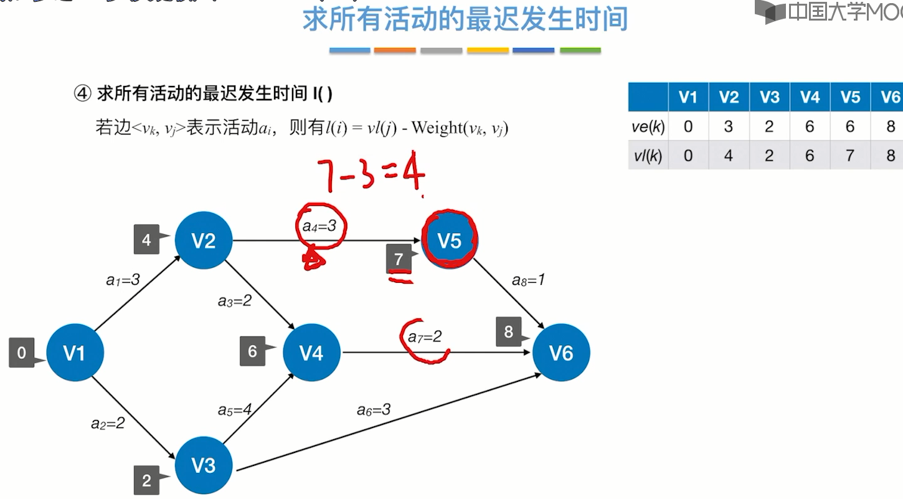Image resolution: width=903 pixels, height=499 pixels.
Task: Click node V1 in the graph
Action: pos(75,353)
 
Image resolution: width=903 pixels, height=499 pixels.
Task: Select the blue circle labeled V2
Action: pos(204,240)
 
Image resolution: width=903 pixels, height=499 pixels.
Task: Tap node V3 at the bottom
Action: pos(204,465)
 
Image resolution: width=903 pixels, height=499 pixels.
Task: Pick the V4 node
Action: pos(311,353)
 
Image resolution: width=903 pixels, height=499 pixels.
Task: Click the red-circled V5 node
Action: pos(449,240)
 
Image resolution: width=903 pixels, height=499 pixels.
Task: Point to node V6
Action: pos(560,353)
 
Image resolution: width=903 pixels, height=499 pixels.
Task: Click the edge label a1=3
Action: pos(123,280)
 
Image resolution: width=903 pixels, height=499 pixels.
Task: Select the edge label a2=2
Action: pos(108,424)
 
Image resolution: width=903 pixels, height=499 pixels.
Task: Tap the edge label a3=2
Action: pos(235,301)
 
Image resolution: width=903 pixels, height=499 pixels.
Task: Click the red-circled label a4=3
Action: pos(319,226)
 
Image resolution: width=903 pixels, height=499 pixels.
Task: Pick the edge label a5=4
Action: pos(235,410)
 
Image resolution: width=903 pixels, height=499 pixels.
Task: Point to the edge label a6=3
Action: pos(374,409)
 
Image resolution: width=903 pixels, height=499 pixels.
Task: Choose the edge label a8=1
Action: pos(529,280)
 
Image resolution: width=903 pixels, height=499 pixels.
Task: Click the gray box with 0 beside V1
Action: pos(22,353)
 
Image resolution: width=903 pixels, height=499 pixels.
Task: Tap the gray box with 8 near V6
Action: pos(509,332)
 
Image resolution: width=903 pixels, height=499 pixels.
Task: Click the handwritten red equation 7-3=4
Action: pos(371,175)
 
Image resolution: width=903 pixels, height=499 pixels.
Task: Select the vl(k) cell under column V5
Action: pos(850,155)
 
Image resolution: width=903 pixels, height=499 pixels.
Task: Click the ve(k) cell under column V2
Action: pos(729,127)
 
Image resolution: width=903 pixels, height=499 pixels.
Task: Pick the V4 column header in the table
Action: pos(810,97)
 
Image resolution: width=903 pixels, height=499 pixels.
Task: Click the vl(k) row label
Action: pos(648,155)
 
